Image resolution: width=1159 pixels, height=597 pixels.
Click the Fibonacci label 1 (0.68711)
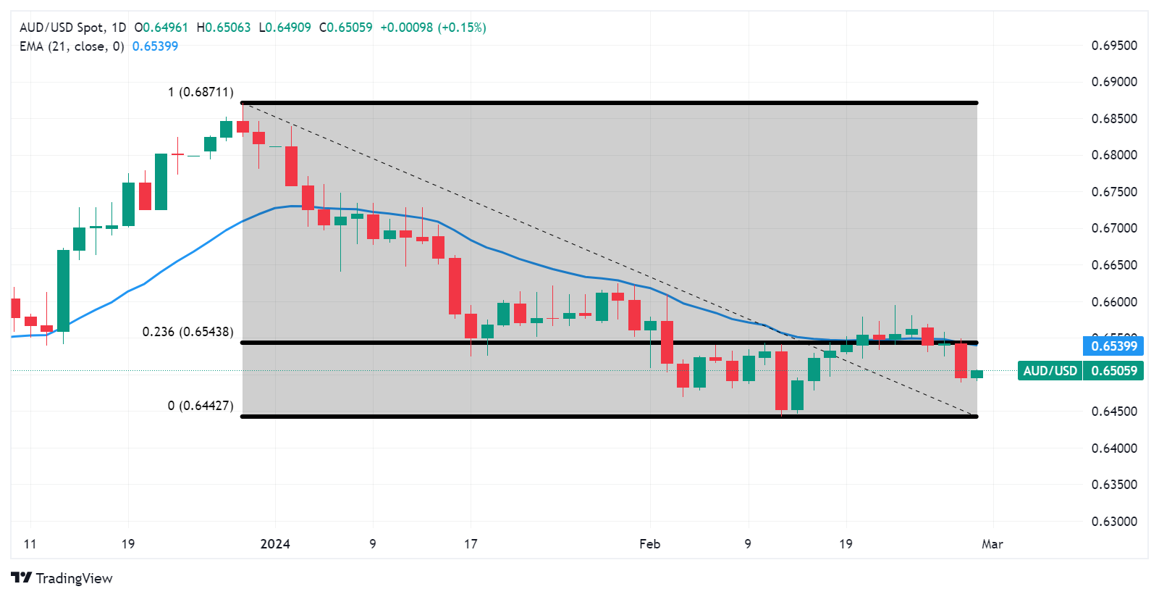coord(201,92)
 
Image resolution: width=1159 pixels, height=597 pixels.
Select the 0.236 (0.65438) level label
coord(187,332)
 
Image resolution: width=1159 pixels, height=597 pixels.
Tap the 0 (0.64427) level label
coord(201,405)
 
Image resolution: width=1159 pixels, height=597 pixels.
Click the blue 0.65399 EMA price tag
coord(1113,346)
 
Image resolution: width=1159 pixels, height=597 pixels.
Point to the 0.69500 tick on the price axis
coord(1114,46)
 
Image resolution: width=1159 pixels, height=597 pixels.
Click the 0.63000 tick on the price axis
coord(1114,521)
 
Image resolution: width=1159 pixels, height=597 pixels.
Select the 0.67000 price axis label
coord(1114,228)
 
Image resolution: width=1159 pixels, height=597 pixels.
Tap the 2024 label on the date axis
coord(275,544)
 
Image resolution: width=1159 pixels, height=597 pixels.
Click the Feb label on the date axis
coord(649,544)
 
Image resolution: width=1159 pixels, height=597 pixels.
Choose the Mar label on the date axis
coord(992,544)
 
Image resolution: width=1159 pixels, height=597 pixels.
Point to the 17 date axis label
coord(471,544)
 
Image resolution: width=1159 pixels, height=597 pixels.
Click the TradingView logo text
coord(62,578)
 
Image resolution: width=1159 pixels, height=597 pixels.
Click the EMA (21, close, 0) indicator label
coord(72,46)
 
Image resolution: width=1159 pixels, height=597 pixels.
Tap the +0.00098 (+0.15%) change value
coord(433,28)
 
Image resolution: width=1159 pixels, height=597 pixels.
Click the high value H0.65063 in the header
coord(224,28)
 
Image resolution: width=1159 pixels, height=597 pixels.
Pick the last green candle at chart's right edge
coord(977,374)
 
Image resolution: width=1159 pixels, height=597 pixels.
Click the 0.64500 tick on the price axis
coord(1114,412)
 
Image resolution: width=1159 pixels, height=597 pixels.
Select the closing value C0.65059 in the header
coord(346,28)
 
